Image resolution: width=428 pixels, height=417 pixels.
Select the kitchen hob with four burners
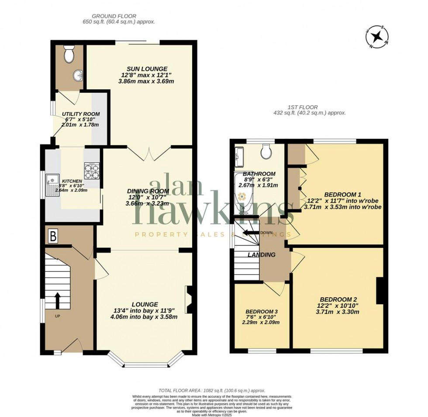(92, 171)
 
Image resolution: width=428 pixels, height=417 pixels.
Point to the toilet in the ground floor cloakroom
(68, 55)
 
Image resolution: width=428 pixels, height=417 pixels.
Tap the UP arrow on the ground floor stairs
(57, 301)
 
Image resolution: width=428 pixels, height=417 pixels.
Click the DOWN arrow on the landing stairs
(249, 233)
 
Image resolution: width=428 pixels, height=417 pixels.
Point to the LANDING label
(262, 255)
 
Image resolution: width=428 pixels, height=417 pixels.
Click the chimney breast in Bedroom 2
(380, 290)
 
